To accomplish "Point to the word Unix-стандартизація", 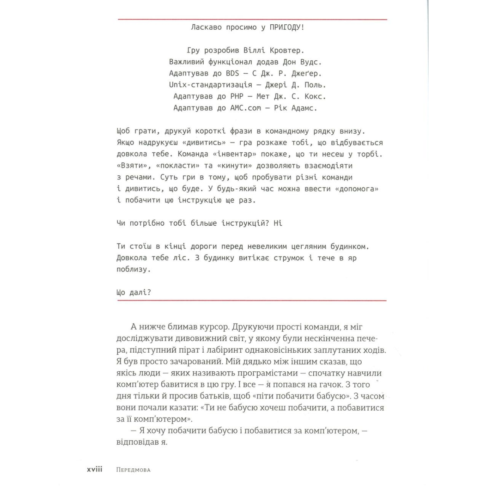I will pos(210,85).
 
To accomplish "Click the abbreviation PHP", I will pos(237,97).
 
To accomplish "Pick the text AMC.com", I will pos(246,108).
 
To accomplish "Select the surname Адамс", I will pos(304,108).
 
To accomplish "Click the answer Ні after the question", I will pos(278,223).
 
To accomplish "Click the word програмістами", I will pos(271,373).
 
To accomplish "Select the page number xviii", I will pos(95,470).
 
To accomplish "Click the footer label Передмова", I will pos(133,470).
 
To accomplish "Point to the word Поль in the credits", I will pos(315,85).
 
